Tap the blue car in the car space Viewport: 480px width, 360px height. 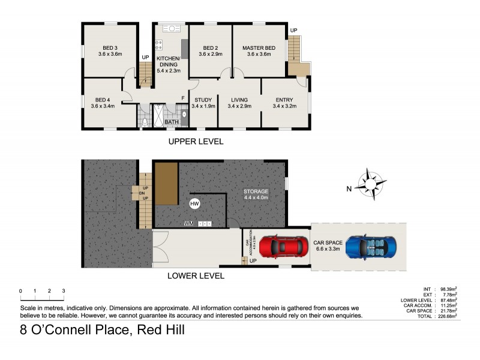click(371, 246)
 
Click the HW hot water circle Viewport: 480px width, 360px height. click(194, 204)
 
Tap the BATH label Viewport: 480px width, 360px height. click(172, 122)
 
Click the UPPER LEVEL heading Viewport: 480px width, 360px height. click(196, 142)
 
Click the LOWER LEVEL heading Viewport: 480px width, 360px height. click(196, 276)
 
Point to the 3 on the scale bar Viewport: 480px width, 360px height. click(64, 290)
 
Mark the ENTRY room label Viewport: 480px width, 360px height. click(284, 103)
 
